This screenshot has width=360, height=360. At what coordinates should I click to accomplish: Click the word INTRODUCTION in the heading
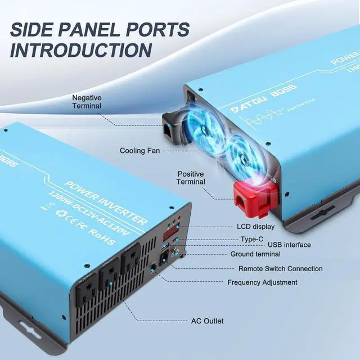click(81, 49)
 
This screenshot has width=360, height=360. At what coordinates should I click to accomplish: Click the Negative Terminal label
click(87, 102)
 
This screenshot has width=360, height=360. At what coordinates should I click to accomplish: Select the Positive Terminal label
click(191, 178)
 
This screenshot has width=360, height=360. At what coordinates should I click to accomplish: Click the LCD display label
click(256, 227)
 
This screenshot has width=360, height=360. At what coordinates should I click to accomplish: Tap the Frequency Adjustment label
click(262, 282)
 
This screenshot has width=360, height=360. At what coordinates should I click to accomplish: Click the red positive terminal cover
click(254, 198)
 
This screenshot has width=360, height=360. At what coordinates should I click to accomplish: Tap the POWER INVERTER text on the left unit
click(107, 203)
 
